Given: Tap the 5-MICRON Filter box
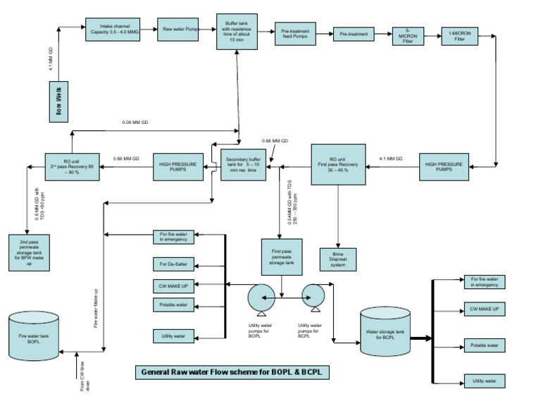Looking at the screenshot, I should [x=409, y=36].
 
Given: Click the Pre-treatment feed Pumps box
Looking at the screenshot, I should [x=297, y=34].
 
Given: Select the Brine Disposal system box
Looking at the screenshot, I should [x=339, y=258].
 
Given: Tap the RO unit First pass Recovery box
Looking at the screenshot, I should [x=339, y=164].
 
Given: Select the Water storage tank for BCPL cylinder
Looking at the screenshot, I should [x=385, y=331].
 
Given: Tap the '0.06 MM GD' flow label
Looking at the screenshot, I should [x=135, y=123].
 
